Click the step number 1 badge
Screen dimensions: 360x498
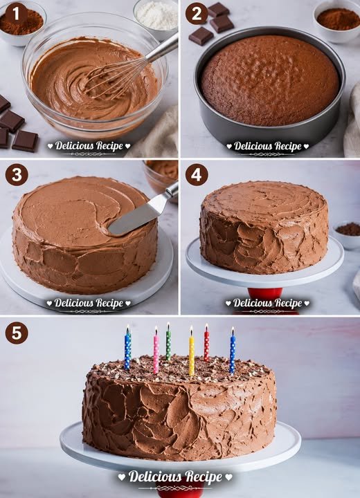pyautogui.click(x=16, y=15)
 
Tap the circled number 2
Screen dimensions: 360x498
pyautogui.click(x=197, y=14)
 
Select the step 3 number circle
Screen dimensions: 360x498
pyautogui.click(x=17, y=174)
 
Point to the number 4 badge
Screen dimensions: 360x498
pyautogui.click(x=197, y=174)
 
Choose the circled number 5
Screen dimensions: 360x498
pyautogui.click(x=17, y=333)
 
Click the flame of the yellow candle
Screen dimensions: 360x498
pyautogui.click(x=192, y=331)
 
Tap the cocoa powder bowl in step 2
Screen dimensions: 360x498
pyautogui.click(x=337, y=21)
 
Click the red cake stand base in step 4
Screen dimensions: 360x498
pyautogui.click(x=264, y=294)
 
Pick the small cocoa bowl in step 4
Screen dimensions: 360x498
pyautogui.click(x=348, y=234)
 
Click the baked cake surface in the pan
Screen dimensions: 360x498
pyautogui.click(x=270, y=80)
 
